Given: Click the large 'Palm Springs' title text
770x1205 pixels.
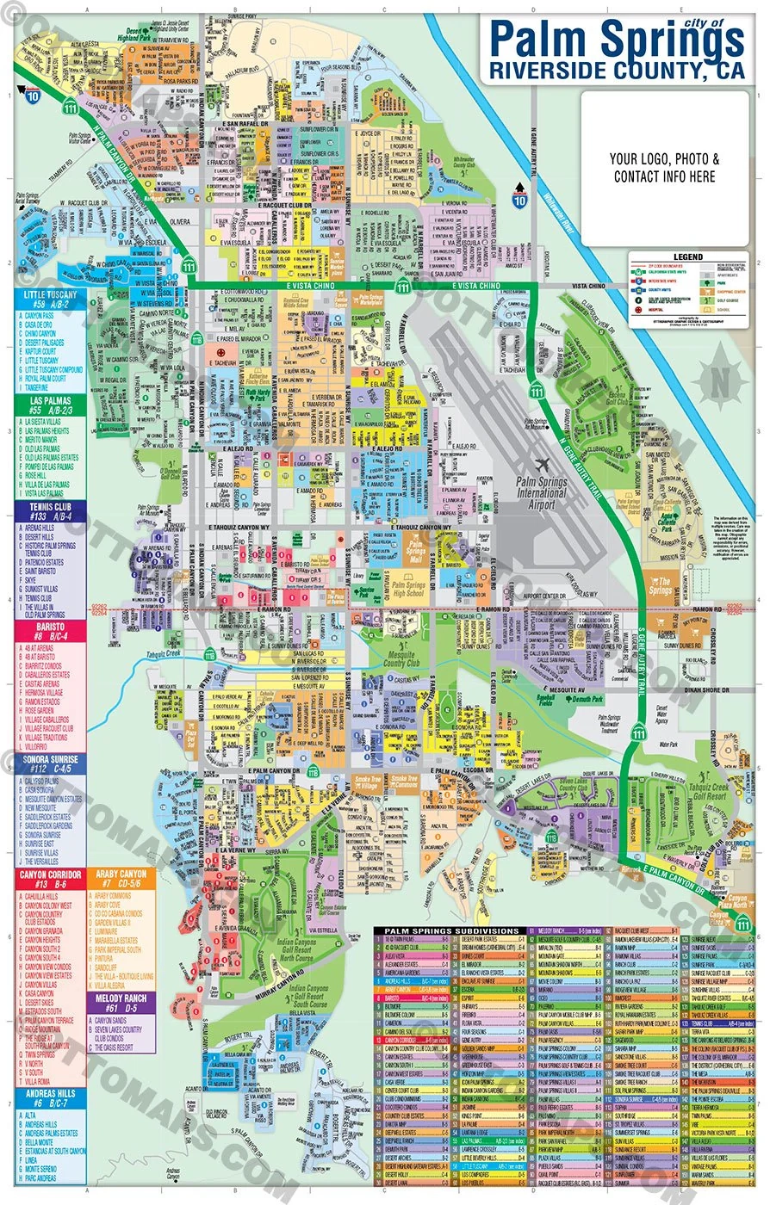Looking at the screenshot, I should pos(617,40).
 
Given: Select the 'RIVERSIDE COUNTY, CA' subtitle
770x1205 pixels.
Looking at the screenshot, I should pos(617,70).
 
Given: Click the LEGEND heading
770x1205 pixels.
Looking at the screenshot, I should pos(688,256).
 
